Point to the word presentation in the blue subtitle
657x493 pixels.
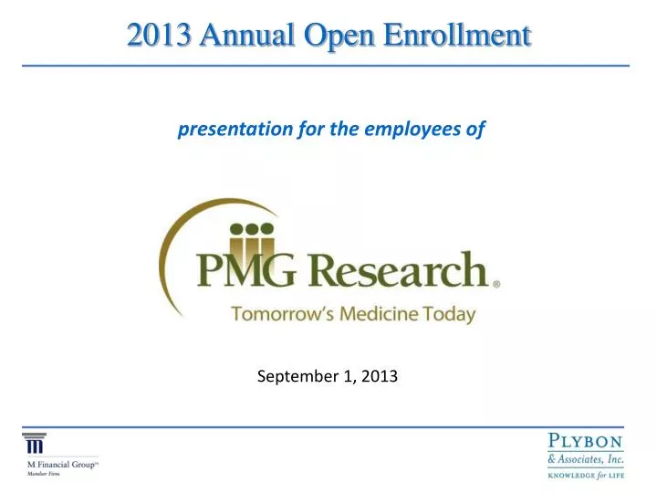pyautogui.click(x=235, y=130)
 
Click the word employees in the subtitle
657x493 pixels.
pyautogui.click(x=420, y=130)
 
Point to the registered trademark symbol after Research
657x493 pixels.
pyautogui.click(x=496, y=284)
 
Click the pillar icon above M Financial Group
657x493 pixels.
pyautogui.click(x=34, y=444)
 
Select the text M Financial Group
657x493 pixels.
pyautogui.click(x=61, y=464)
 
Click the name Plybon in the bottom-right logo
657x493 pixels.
pyautogui.click(x=587, y=441)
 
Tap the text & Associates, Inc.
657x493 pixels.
pyautogui.click(x=585, y=459)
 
